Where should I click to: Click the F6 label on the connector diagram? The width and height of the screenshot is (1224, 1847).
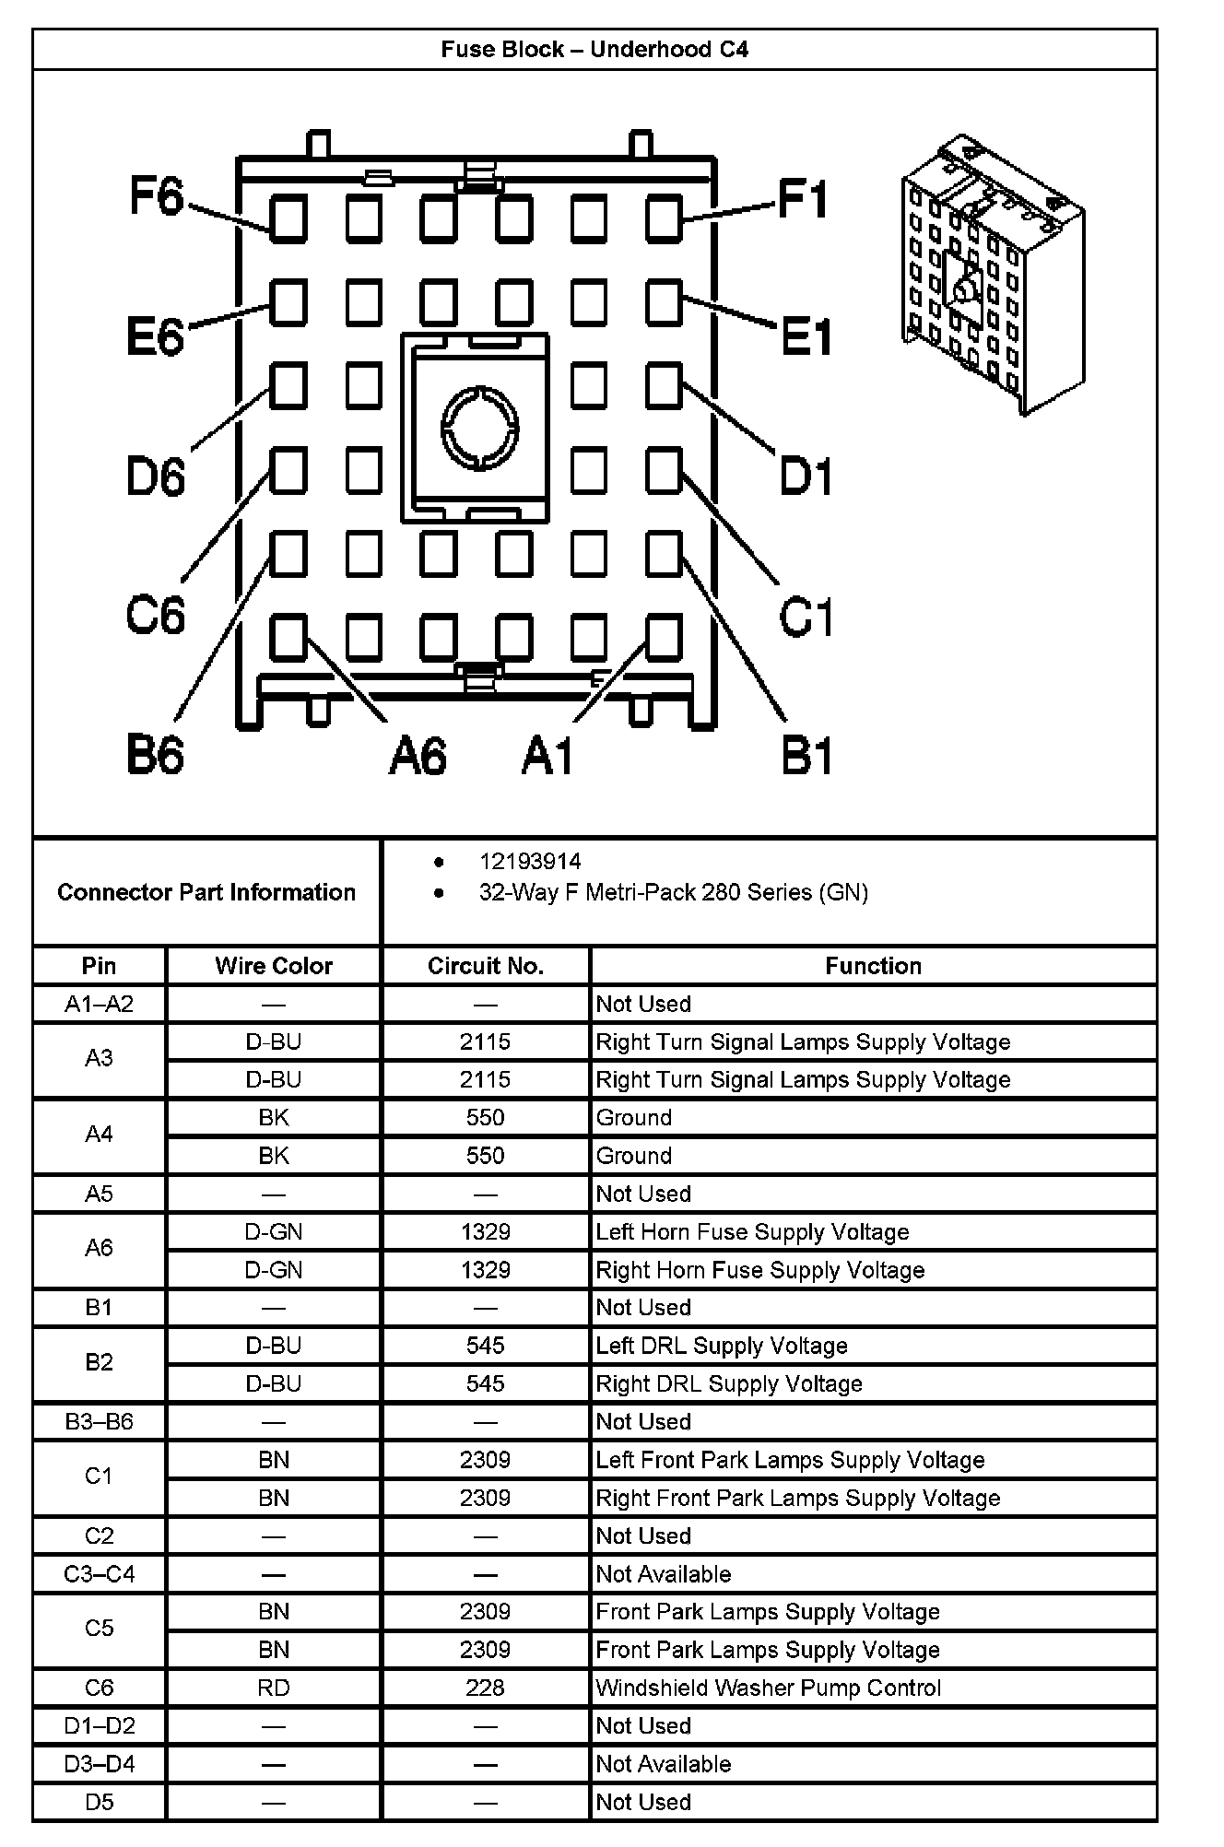(157, 196)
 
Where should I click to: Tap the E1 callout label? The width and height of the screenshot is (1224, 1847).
(806, 336)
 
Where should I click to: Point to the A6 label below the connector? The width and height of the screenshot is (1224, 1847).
(418, 756)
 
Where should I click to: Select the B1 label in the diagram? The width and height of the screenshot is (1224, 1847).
(806, 756)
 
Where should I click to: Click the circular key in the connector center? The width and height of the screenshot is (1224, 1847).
(479, 428)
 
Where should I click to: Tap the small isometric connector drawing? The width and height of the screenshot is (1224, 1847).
(993, 275)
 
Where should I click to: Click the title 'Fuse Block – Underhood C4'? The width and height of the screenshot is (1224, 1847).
(594, 49)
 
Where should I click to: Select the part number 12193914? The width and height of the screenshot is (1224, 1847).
(530, 862)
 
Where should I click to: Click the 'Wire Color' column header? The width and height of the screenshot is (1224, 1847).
(274, 966)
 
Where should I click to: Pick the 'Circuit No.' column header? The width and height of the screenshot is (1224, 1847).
(486, 966)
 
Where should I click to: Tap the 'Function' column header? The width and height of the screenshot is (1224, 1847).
(873, 966)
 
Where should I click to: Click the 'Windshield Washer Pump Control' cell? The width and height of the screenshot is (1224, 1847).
(769, 1688)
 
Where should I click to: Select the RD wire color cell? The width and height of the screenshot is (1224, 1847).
(274, 1688)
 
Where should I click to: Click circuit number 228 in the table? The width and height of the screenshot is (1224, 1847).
(486, 1688)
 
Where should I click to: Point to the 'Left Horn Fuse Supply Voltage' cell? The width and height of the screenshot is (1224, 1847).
(752, 1232)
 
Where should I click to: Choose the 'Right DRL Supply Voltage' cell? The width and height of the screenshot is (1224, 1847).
(729, 1383)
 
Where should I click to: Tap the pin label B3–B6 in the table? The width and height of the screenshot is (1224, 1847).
(99, 1421)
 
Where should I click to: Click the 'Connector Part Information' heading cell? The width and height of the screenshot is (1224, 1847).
(206, 892)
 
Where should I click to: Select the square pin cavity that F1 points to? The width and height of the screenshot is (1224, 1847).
(664, 219)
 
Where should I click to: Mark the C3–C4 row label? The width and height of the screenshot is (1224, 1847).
(99, 1573)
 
